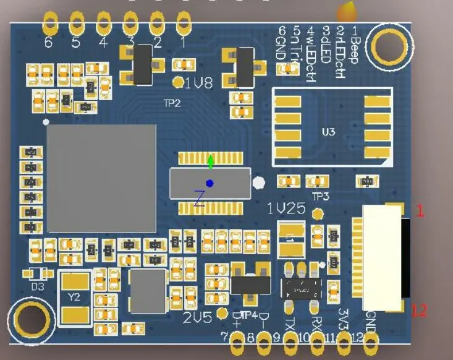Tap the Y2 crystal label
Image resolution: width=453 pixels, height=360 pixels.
click(74, 298)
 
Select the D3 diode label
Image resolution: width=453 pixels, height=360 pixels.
click(38, 286)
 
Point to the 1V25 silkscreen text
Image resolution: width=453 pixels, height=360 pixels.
click(286, 209)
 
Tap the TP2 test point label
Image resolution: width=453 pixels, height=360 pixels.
click(171, 103)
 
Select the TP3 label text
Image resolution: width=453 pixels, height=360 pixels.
click(320, 196)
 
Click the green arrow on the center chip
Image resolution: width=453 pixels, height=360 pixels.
click(211, 162)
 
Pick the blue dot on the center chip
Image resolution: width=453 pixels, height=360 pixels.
click(210, 183)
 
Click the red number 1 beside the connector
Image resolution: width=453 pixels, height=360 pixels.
click(420, 211)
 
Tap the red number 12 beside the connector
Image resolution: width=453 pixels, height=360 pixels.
click(419, 310)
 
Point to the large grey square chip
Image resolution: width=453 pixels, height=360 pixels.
click(102, 178)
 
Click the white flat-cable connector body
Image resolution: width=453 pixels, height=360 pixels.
click(382, 257)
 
